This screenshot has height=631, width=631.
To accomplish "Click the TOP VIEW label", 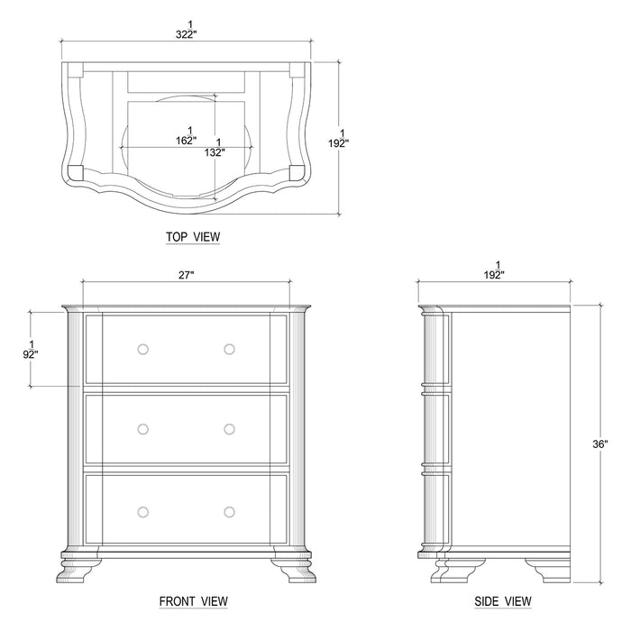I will pos(192,237).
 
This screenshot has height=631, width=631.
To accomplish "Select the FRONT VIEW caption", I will pos(193,600).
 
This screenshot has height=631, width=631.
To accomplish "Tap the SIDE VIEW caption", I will pos(501,600).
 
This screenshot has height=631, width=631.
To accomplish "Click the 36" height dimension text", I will pos(600,444).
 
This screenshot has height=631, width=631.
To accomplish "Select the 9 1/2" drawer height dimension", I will pos(31,350).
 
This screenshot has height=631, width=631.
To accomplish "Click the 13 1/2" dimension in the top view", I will pos(216,147).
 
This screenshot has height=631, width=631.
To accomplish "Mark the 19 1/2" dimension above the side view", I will pos(495,269).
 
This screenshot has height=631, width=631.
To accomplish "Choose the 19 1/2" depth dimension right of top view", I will pos(339,137).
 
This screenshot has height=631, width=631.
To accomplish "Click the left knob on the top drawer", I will pos(142,349).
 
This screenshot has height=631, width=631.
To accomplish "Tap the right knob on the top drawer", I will pos(229,349).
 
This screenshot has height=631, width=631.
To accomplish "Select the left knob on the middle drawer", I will pos(142,429).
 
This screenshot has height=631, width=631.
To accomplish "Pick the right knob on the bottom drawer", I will pos(229,511).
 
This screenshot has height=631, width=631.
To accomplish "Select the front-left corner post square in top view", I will pos(76,169).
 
